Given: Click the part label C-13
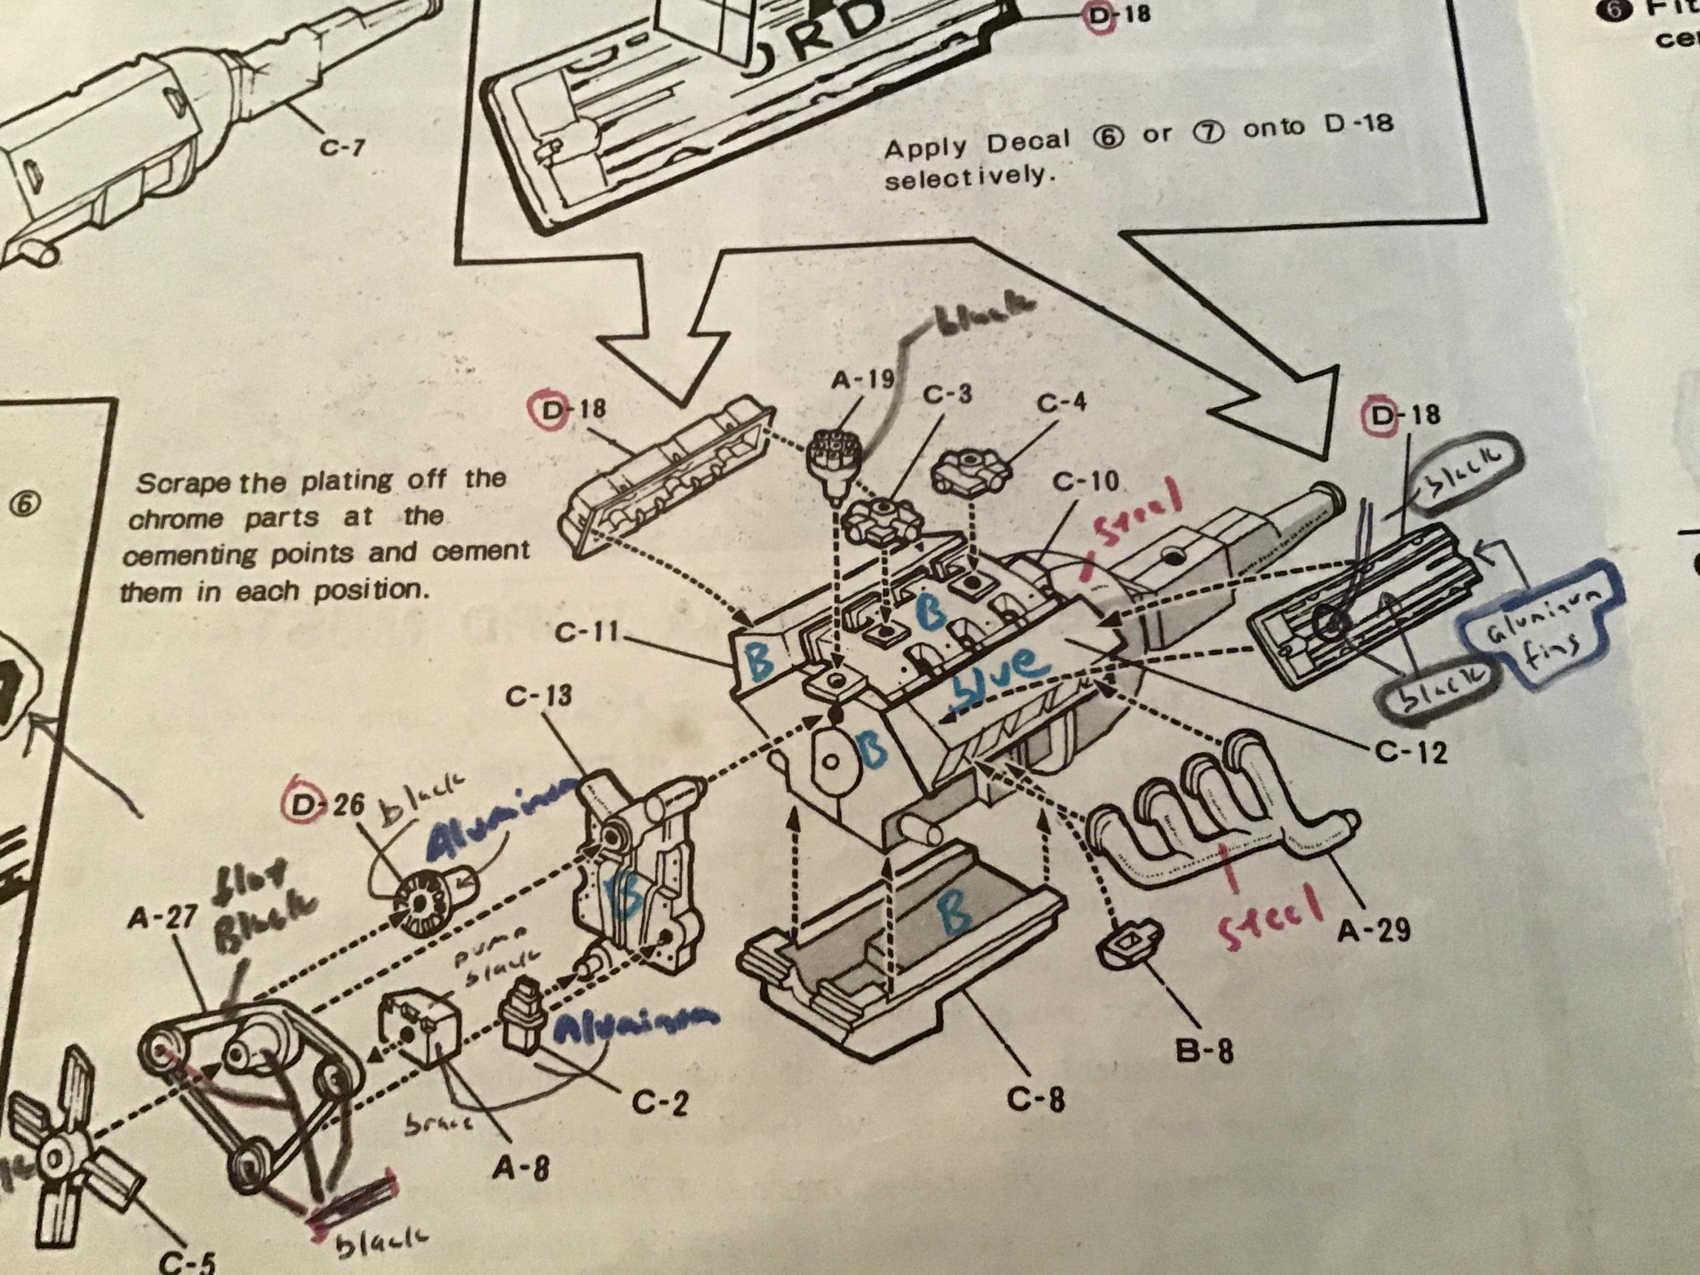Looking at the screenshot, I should point(538,697).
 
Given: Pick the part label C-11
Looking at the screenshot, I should point(586,634).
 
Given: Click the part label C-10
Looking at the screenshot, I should point(1084,482).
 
